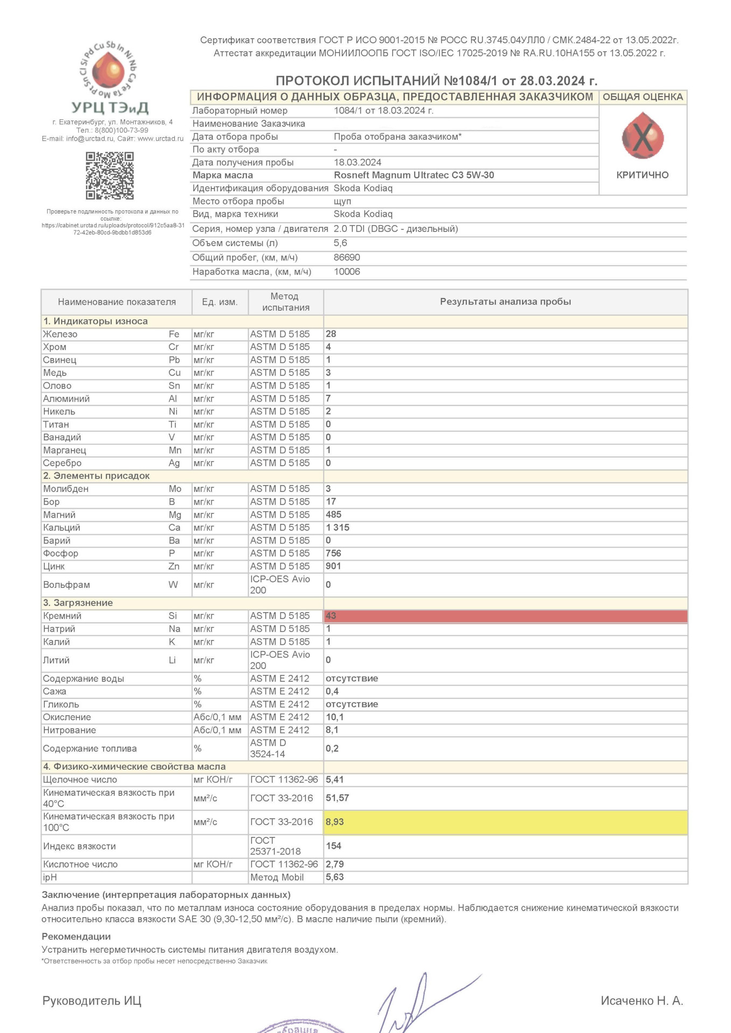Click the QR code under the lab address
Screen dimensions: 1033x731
pos(110,175)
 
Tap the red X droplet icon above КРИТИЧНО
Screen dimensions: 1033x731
pos(642,136)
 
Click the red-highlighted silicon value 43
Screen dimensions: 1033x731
pos(331,616)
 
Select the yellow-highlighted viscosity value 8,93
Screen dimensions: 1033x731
pos(335,822)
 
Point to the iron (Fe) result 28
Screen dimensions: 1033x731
pos(331,334)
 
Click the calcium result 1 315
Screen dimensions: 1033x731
pos(338,528)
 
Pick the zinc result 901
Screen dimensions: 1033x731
pos(334,567)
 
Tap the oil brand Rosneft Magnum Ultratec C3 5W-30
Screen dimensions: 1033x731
pos(414,175)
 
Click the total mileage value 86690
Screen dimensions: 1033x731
pos(347,258)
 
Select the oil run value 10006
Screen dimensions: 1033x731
pos(347,272)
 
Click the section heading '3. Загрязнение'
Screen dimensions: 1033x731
pos(78,603)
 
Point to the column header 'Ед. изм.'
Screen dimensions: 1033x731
pos(220,302)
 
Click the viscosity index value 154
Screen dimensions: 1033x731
pos(334,846)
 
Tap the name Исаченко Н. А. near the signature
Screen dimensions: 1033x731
pos(642,1001)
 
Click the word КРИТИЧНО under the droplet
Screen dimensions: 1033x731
pos(642,175)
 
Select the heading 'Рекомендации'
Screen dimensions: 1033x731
pos(76,937)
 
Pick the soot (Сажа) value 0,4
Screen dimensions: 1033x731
pos(332,691)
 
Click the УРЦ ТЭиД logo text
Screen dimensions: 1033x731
pos(110,108)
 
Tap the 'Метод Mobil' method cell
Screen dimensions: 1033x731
pos(277,878)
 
